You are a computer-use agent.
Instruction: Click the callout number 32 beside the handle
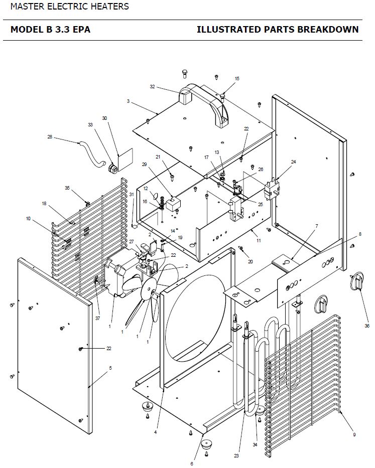(153, 87)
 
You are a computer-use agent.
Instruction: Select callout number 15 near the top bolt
(237, 79)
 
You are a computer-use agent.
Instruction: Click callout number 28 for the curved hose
(50, 137)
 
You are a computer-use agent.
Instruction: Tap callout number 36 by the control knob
(367, 326)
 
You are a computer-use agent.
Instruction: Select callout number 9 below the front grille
(354, 435)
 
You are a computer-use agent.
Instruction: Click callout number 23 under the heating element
(236, 456)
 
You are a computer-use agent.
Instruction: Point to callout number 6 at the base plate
(192, 463)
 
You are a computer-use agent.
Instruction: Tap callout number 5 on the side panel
(110, 368)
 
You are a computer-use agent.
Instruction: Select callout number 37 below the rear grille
(98, 319)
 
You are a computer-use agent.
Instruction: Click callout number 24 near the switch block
(294, 162)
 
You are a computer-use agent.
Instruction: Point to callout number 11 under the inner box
(259, 241)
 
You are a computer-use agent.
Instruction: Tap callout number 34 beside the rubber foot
(255, 445)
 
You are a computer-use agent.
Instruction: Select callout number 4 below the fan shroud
(156, 432)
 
